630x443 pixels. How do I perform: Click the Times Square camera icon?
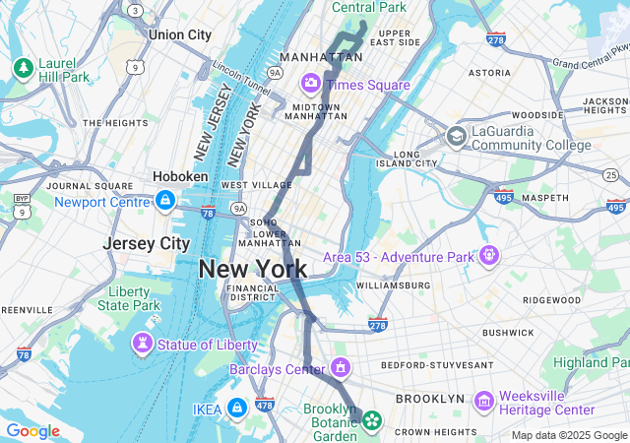312,83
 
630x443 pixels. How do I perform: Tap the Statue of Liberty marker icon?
144,344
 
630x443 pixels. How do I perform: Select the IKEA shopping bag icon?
237,408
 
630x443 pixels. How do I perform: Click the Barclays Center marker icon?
341,369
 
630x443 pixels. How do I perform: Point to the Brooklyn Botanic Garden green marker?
371,421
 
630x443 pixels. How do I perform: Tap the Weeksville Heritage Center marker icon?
483,401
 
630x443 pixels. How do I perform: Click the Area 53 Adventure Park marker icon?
489,256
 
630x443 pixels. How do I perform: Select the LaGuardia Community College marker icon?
456,136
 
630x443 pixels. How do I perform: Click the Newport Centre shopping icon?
164,201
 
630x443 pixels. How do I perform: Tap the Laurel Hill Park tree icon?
23,68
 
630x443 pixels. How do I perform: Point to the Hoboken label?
180,176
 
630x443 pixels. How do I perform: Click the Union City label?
179,34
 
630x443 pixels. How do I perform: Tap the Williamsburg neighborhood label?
393,285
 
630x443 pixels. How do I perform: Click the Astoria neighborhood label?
489,73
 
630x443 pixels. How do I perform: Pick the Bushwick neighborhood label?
507,333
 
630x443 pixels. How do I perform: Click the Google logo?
32,431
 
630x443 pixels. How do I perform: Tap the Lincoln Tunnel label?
241,74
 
